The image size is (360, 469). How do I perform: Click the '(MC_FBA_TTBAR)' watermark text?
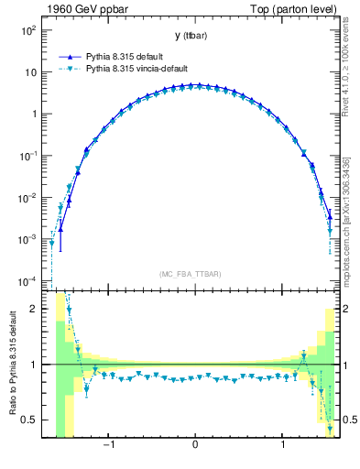(191, 274)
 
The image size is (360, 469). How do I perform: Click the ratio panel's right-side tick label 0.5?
(347, 420)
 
